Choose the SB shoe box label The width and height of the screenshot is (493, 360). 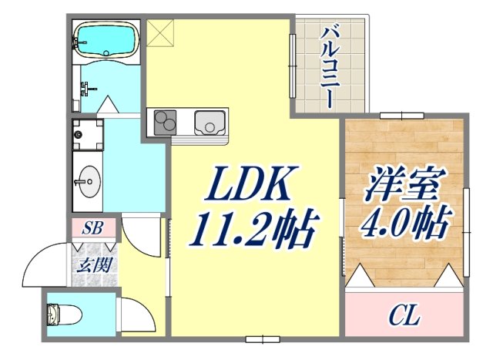(x=95, y=228)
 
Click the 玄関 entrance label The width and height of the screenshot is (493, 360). (x=94, y=267)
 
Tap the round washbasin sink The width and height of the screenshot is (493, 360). (x=87, y=183)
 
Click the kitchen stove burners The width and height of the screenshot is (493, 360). (x=166, y=122)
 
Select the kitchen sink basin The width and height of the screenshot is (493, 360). (x=209, y=122)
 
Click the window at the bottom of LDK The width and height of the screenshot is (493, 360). (x=263, y=338)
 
